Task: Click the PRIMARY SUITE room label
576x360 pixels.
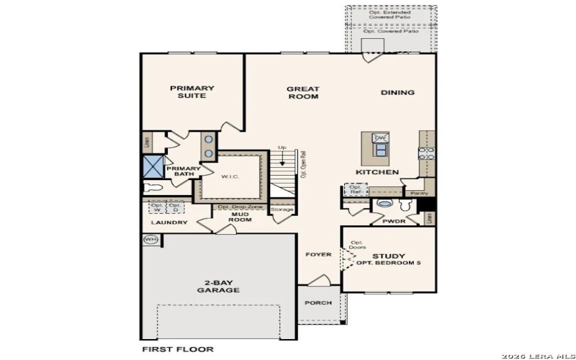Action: tap(192, 92)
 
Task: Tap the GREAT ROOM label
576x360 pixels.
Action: tap(303, 93)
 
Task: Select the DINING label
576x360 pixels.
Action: tap(397, 92)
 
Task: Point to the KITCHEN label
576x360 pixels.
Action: tap(377, 173)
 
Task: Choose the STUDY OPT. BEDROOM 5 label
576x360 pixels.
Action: tap(389, 260)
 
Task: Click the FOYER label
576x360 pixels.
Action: tap(318, 254)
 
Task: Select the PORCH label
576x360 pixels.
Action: tap(318, 303)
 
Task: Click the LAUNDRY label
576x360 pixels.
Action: tap(170, 222)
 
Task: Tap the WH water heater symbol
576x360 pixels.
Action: tap(151, 240)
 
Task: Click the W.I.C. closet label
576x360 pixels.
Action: tap(230, 176)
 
